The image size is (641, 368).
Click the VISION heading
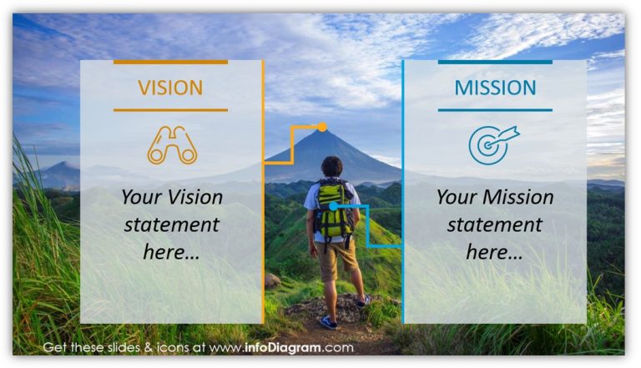point(170,87)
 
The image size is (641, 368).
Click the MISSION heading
point(495,87)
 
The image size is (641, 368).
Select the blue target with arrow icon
point(492,144)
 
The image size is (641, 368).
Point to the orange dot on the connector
point(322,127)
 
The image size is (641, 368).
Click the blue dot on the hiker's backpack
point(333,205)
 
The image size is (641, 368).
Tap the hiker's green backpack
point(334,209)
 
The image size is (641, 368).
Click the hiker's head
point(332,166)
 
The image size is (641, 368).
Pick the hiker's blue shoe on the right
point(363,301)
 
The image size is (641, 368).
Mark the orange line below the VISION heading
point(170,109)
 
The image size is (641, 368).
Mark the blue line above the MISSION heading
point(495,62)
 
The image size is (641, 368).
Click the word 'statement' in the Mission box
point(494,225)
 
